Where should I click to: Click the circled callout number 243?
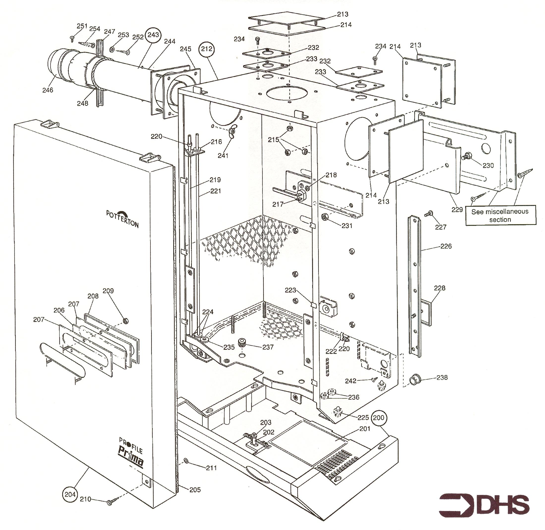pyautogui.click(x=153, y=35)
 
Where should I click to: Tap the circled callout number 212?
pyautogui.click(x=207, y=49)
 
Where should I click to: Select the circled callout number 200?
pyautogui.click(x=378, y=418)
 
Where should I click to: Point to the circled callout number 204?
pyautogui.click(x=70, y=494)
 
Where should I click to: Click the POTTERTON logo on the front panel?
pyautogui.click(x=122, y=218)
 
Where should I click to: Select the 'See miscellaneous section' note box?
pyautogui.click(x=500, y=215)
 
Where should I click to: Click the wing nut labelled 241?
pyautogui.click(x=231, y=132)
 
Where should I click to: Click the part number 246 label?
pyautogui.click(x=48, y=90)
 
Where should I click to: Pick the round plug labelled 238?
pyautogui.click(x=414, y=380)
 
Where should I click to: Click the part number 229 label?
pyautogui.click(x=457, y=209)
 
